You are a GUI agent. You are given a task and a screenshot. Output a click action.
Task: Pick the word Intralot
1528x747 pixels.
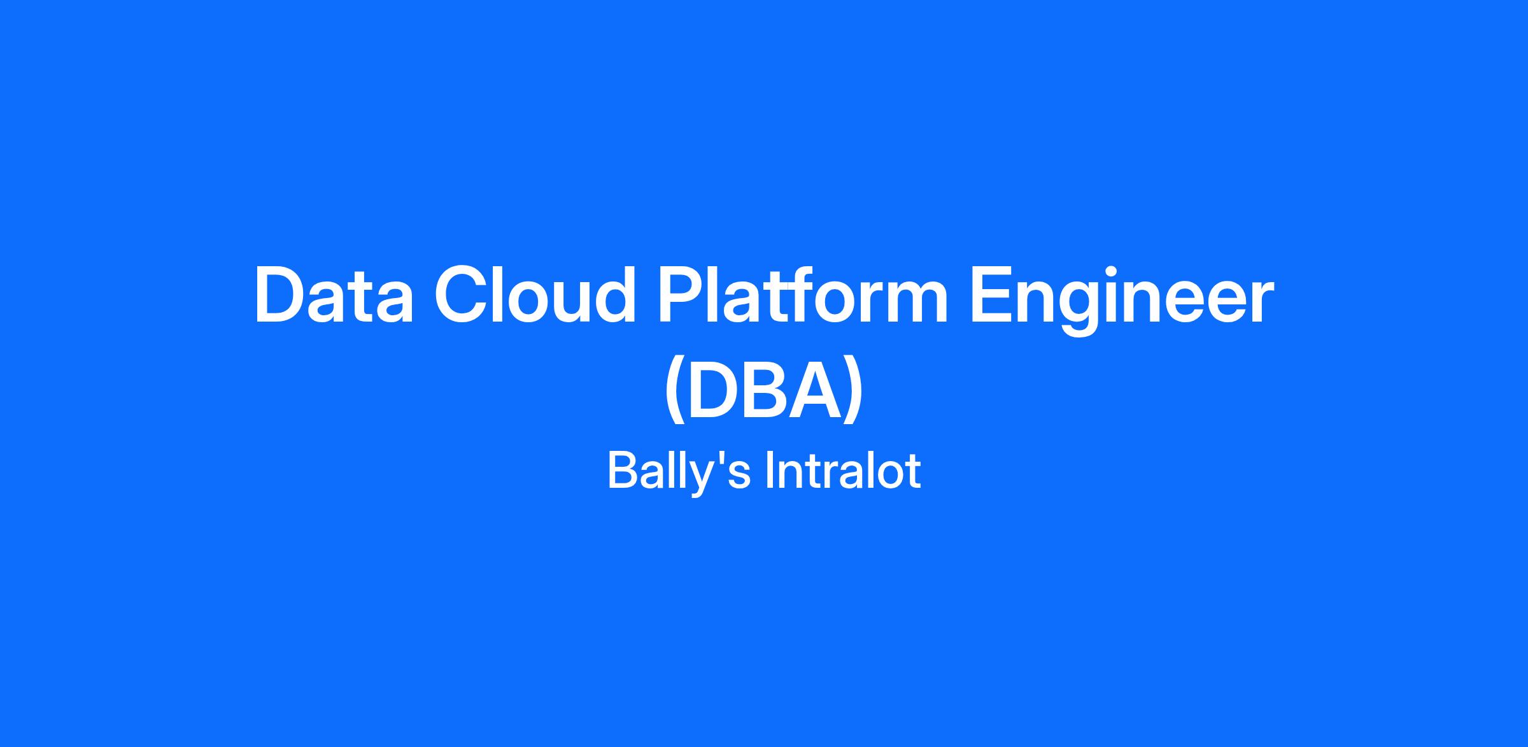click(x=843, y=471)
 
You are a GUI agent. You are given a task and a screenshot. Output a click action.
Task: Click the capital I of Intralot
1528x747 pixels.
click(x=769, y=471)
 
